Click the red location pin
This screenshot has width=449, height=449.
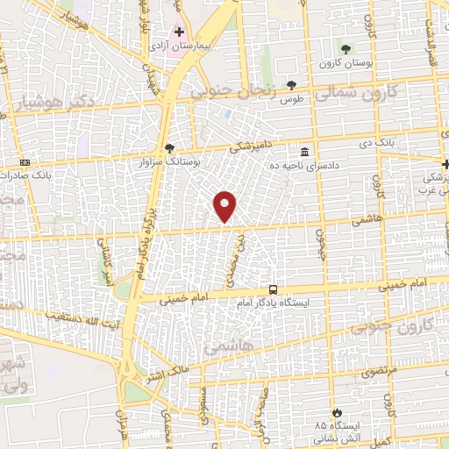click(225, 206)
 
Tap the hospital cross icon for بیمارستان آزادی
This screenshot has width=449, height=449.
click(180, 32)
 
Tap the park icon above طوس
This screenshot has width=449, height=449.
click(291, 85)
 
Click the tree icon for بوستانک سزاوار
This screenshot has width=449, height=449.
click(169, 148)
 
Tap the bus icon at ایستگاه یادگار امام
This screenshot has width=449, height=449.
click(274, 289)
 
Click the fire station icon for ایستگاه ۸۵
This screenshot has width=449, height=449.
click(336, 412)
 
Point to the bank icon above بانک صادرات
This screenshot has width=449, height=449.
click(24, 163)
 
